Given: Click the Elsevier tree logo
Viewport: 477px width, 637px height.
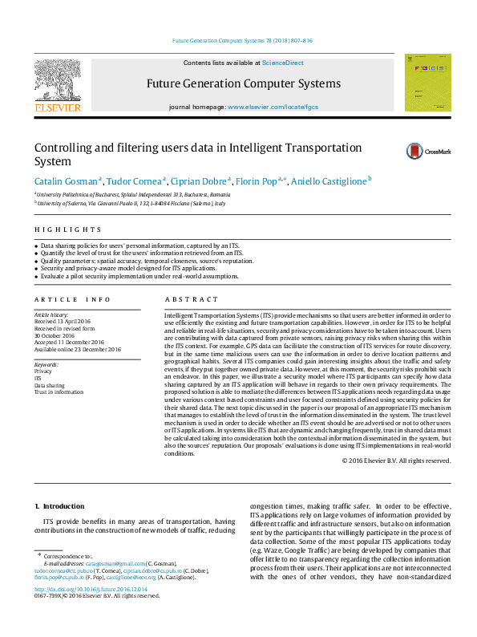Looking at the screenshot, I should (57, 83).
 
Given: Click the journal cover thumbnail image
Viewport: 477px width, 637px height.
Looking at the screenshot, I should (426, 82).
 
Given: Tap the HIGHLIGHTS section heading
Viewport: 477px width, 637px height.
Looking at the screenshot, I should (56, 229).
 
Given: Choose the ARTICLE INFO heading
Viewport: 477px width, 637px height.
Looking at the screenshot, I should (72, 299).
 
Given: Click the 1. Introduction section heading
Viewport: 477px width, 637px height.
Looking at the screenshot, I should (62, 506).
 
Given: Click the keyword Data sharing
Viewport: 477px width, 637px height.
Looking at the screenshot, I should (50, 384).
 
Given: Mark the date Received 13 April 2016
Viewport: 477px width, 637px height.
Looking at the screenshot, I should (68, 322).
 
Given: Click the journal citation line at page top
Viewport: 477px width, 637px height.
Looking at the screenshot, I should (242, 40).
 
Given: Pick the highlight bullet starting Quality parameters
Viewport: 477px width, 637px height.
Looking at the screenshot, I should (147, 261).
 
